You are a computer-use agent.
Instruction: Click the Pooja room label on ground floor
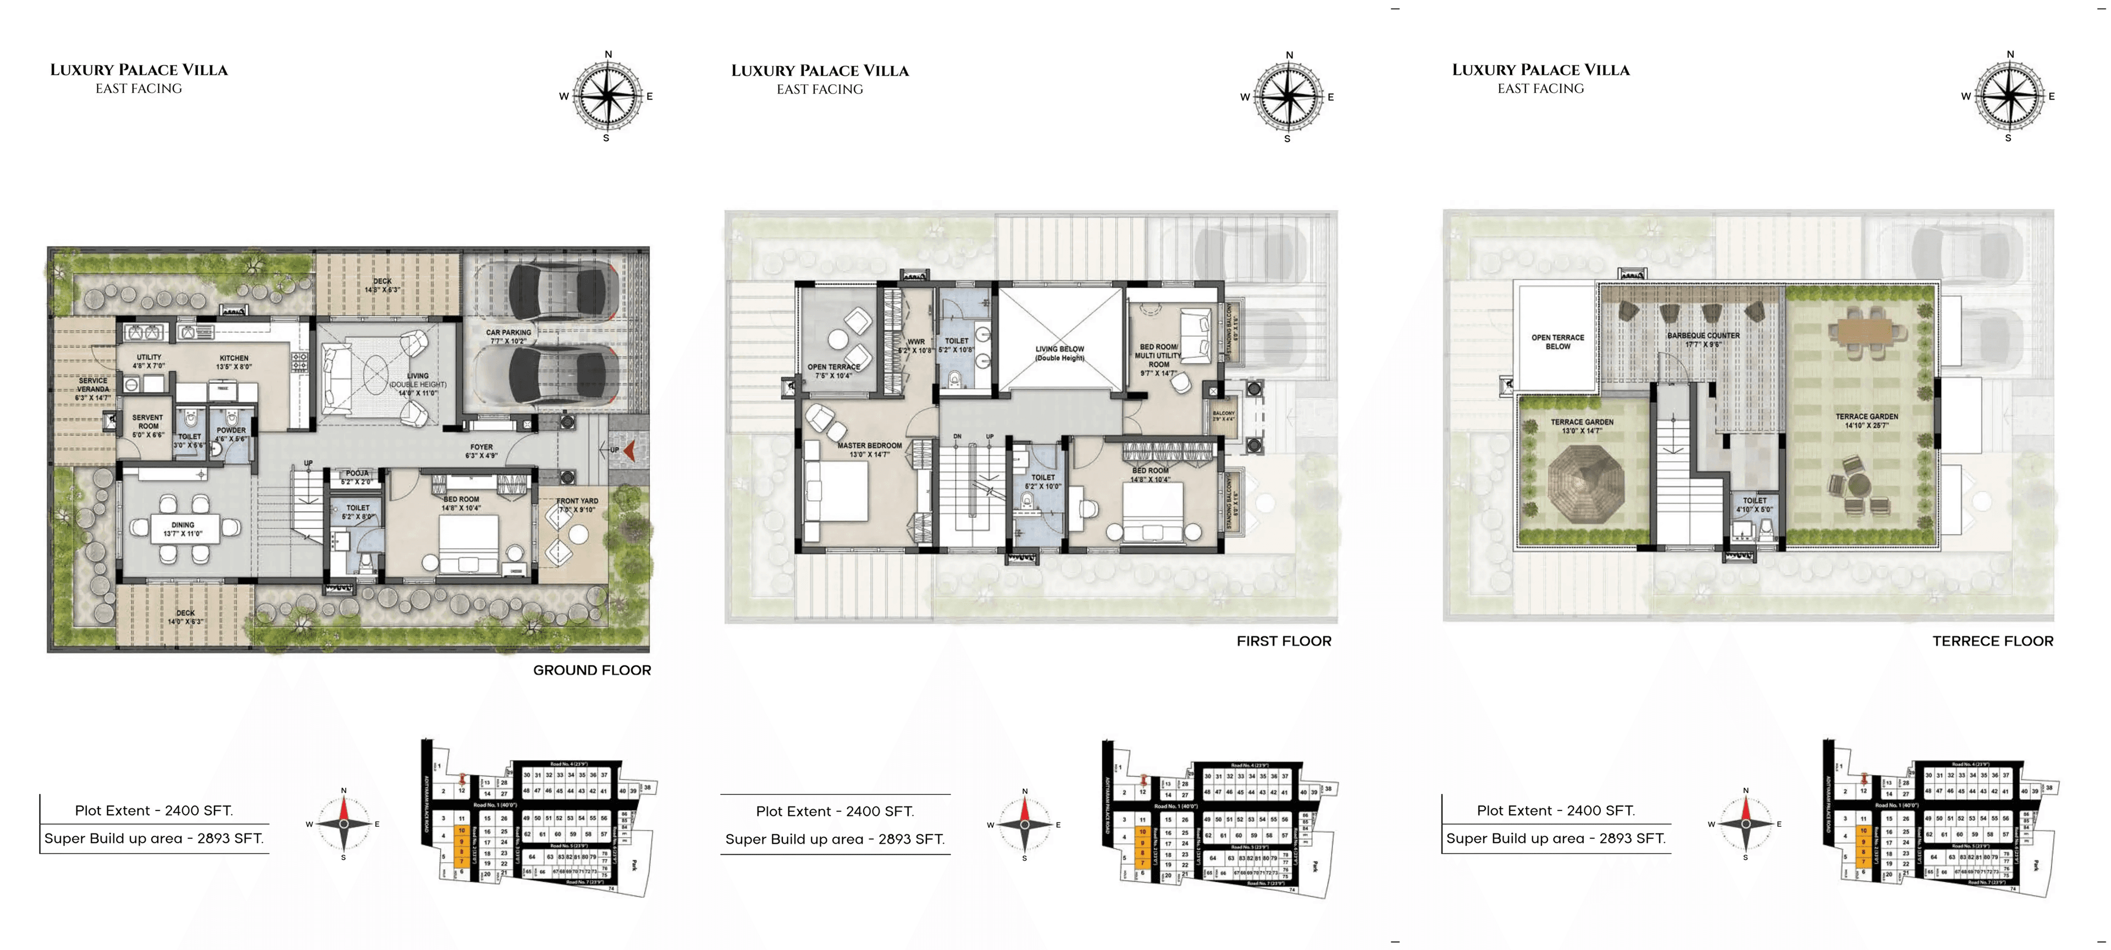tap(357, 477)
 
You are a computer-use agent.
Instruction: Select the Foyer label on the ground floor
tap(481, 451)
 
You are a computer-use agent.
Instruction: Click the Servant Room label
tap(147, 426)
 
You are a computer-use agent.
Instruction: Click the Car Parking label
tap(508, 336)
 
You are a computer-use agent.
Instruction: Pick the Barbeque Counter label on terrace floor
tap(1703, 339)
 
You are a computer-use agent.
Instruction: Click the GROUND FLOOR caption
tap(592, 670)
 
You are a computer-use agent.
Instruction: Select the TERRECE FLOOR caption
tap(1992, 641)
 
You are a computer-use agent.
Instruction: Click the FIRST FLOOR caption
tap(1283, 641)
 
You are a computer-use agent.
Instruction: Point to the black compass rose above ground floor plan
tap(607, 96)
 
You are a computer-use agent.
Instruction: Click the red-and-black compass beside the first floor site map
tap(1024, 824)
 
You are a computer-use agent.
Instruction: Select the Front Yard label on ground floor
tap(577, 505)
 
